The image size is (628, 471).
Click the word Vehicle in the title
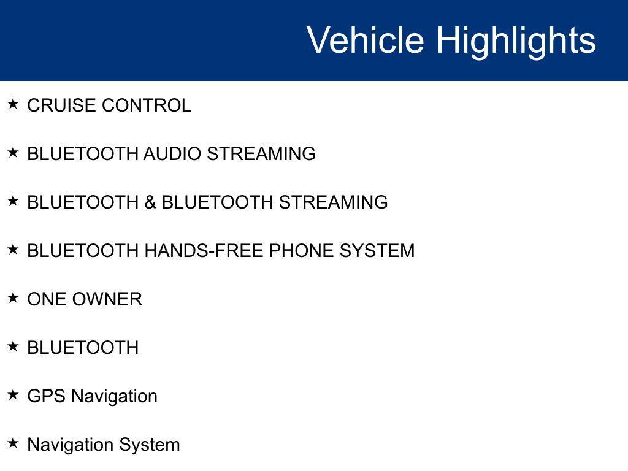[365, 40]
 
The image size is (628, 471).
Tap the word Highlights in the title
[516, 40]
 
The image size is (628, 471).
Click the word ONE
[47, 299]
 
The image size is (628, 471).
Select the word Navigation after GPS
[114, 396]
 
